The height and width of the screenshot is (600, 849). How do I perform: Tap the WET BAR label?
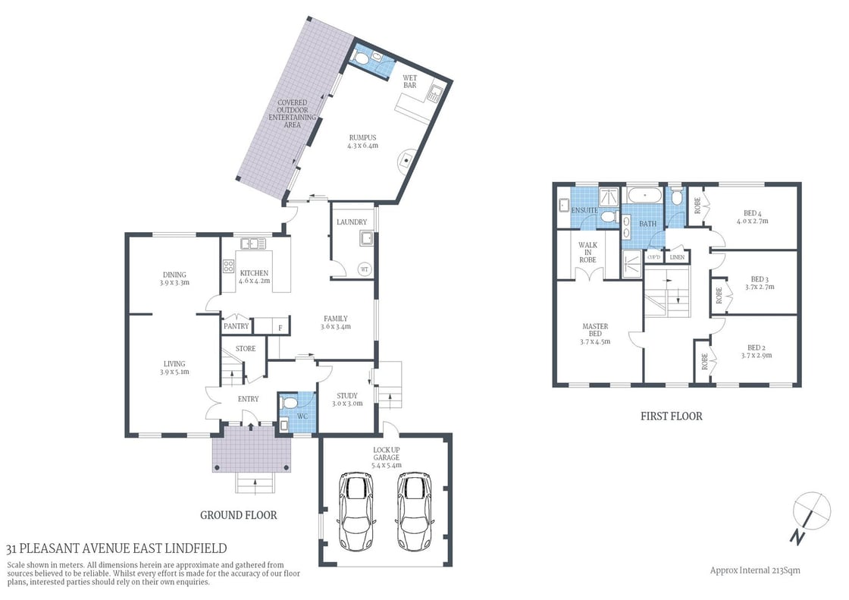click(409, 81)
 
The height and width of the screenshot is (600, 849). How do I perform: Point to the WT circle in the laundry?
click(364, 269)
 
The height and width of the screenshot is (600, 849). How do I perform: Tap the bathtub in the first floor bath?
click(646, 196)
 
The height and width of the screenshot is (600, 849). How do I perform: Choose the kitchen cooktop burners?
click(228, 266)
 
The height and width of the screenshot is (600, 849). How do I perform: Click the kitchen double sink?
click(250, 243)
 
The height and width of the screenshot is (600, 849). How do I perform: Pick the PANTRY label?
click(236, 326)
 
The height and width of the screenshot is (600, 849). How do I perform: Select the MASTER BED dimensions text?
click(596, 341)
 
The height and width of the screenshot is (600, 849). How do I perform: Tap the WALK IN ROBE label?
click(587, 253)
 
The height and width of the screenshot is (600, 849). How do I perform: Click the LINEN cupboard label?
click(677, 258)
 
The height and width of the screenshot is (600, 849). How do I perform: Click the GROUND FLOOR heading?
click(238, 515)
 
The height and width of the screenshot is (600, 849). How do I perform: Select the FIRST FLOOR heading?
click(672, 416)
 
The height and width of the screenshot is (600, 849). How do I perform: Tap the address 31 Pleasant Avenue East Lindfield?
click(116, 548)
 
